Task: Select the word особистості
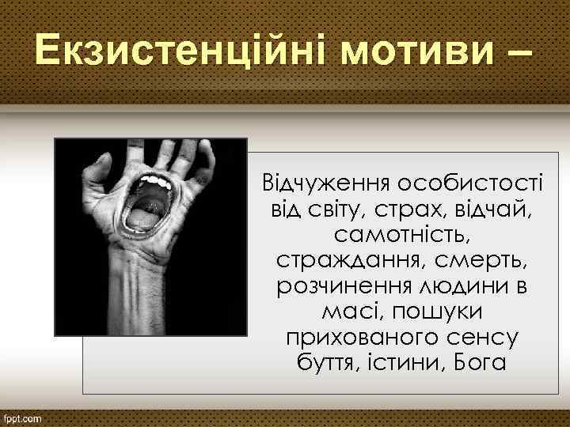point(466,183)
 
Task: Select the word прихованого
point(355,338)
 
